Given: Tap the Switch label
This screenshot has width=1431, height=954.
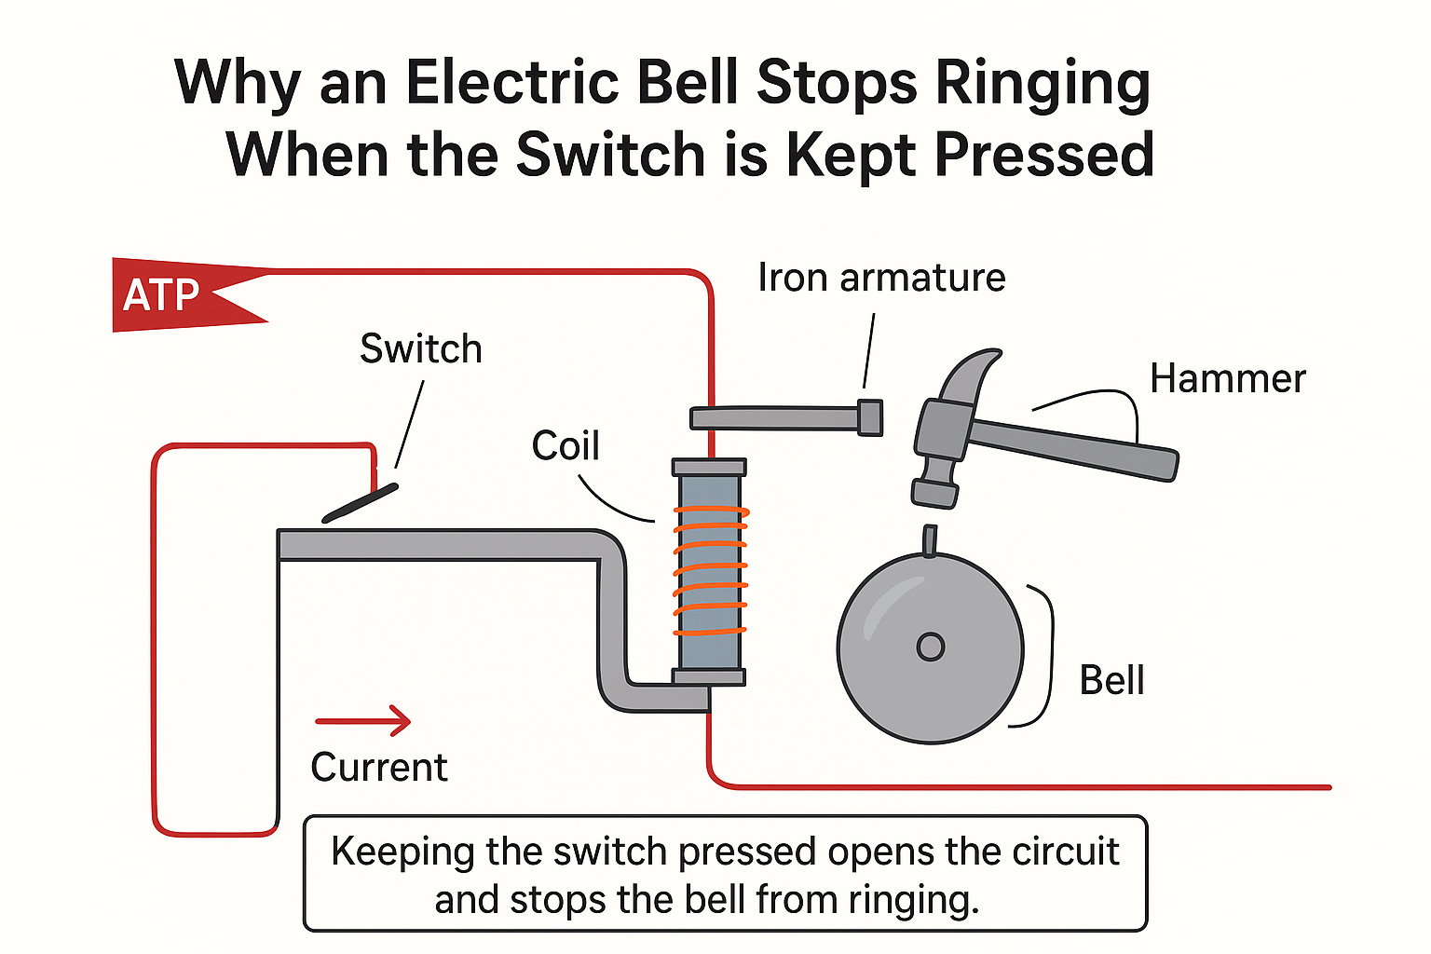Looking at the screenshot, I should tap(421, 349).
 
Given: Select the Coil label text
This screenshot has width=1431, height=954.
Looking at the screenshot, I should tap(566, 446).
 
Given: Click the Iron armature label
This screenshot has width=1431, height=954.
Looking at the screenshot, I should tap(881, 278).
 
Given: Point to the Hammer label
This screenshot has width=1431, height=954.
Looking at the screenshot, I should tap(1227, 379).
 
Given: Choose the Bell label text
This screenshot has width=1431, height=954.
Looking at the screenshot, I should tap(1111, 681).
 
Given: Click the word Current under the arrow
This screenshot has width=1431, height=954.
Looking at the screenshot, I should tap(379, 768).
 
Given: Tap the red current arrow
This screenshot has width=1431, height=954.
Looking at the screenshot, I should tap(363, 720).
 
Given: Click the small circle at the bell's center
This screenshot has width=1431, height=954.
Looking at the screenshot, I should tap(930, 647).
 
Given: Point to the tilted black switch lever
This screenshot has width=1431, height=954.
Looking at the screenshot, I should tap(361, 503).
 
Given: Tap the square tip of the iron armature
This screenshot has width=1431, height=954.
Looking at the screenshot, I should tap(869, 417).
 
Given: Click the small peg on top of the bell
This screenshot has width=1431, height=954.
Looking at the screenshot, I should tap(929, 540).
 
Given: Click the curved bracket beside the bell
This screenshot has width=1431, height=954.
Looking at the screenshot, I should tap(1043, 656).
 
